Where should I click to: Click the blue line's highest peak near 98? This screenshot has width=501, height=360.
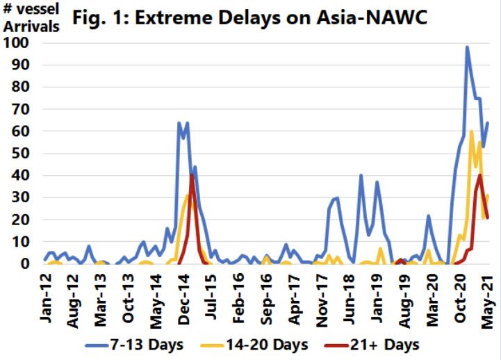click(467, 47)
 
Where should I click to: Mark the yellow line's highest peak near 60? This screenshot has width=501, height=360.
click(471, 131)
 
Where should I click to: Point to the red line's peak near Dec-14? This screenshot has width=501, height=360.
click(191, 175)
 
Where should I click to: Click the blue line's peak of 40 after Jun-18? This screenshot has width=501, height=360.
click(361, 175)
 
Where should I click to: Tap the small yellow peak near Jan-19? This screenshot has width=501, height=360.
click(380, 248)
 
